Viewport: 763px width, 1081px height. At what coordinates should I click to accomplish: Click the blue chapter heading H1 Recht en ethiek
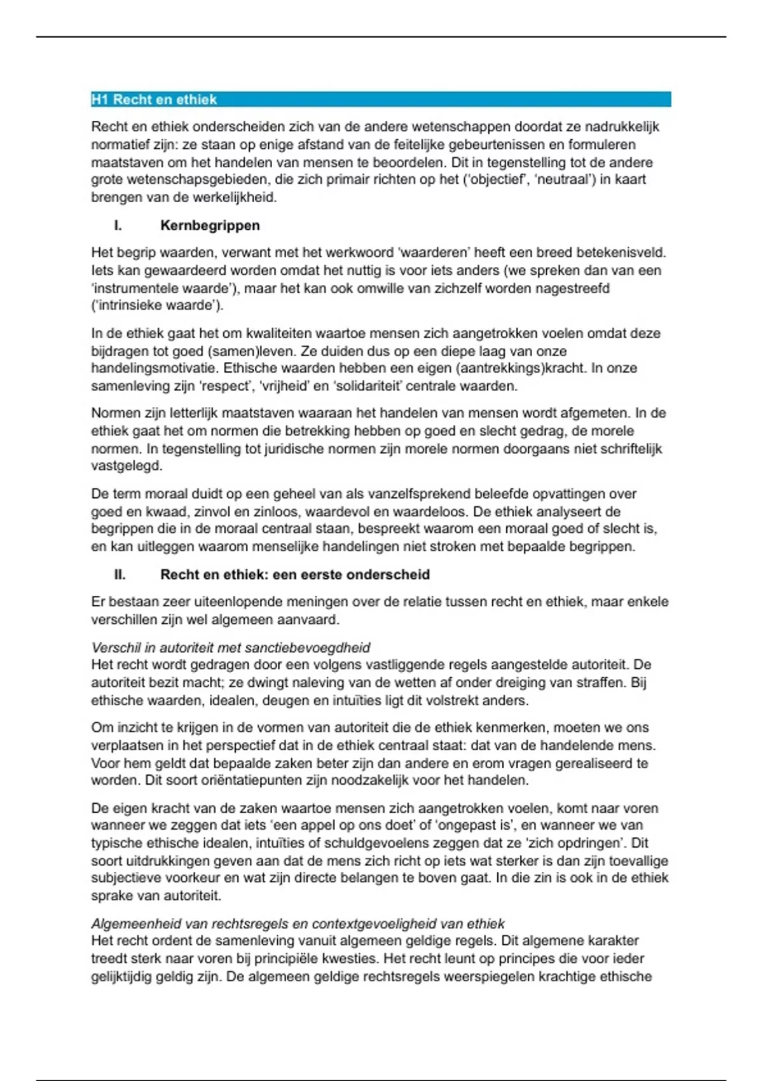coord(154,99)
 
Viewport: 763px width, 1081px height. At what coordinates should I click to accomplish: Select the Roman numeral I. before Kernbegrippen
coord(118,226)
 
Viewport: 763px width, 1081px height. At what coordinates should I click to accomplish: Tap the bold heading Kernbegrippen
coord(210,226)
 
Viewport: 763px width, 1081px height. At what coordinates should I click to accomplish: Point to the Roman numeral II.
coord(120,575)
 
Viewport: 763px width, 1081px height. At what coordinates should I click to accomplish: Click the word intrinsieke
coord(128,305)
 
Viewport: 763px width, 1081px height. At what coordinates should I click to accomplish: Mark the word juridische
coord(299,448)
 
